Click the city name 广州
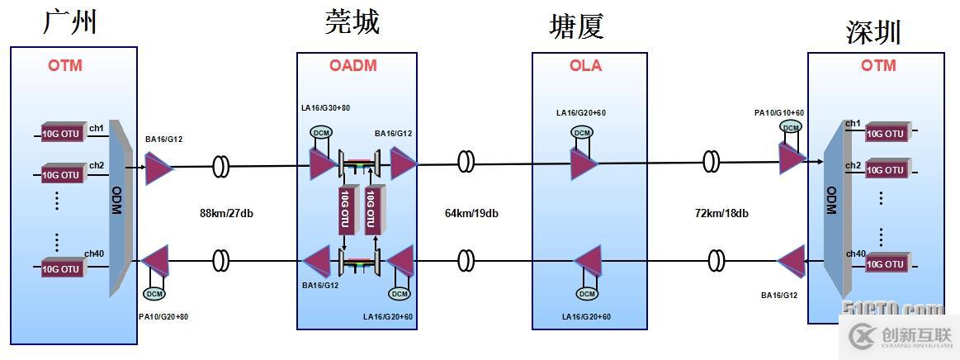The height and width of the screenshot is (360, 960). tap(70, 21)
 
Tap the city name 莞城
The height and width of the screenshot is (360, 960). tap(352, 22)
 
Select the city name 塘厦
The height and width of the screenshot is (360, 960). tap(577, 26)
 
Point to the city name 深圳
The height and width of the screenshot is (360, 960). tap(873, 32)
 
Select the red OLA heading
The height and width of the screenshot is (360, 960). tap(585, 66)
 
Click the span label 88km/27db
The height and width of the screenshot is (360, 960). tap(225, 214)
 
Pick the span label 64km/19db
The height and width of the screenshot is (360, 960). tap(471, 214)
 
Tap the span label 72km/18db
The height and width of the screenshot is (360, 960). tap(721, 214)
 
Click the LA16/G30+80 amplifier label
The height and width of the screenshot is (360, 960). tap(327, 108)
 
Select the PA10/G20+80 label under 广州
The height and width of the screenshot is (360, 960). tap(163, 316)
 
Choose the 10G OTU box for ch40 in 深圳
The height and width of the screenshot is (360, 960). tap(885, 264)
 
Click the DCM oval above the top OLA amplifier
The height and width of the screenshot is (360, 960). tap(583, 133)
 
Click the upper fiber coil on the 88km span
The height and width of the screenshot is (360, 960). tap(221, 166)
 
